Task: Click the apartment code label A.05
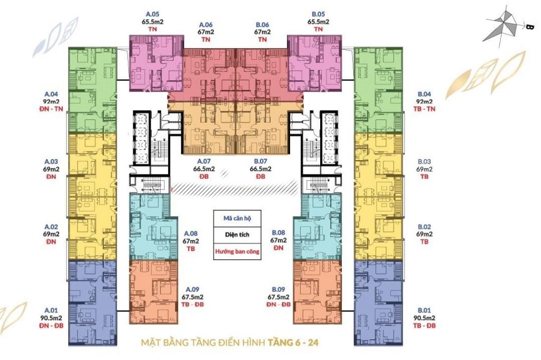[153, 14]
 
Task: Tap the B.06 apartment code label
[262, 24]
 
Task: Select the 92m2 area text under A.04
[51, 102]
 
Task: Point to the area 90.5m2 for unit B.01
[424, 318]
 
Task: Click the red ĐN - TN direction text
[51, 109]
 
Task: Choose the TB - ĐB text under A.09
[192, 304]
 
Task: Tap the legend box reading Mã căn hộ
[237, 218]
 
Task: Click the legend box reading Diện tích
[237, 235]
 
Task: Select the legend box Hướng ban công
[237, 251]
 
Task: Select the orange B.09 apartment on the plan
[317, 292]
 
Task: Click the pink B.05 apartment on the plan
[315, 63]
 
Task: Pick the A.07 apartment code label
[204, 161]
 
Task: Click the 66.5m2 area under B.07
[260, 169]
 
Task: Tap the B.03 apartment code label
[424, 162]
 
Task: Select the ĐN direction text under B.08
[278, 248]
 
